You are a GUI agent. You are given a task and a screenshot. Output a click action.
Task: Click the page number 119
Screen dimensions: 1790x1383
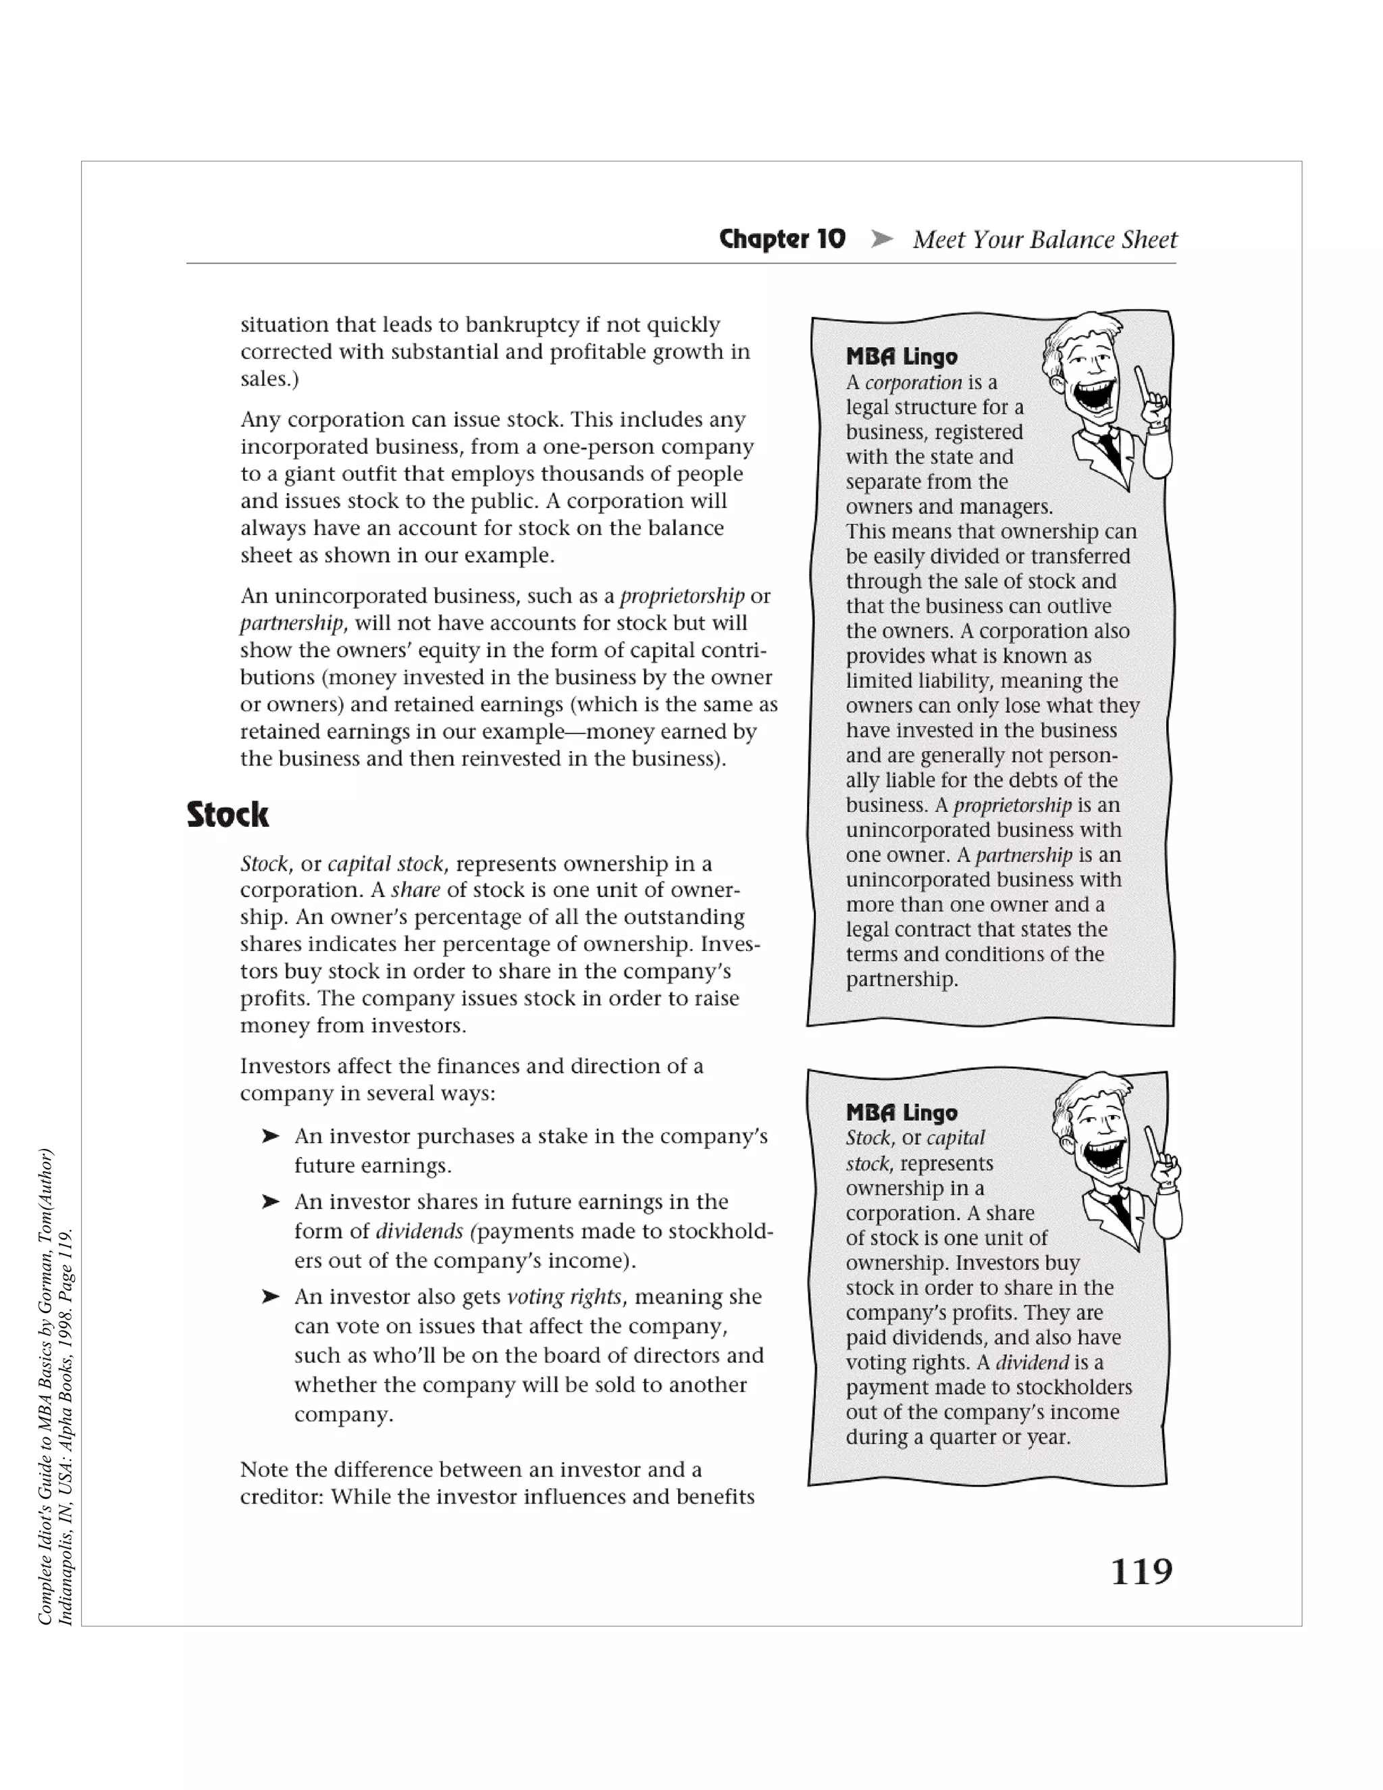[x=1141, y=1571]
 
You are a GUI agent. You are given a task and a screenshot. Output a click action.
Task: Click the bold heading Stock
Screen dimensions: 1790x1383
[x=227, y=815]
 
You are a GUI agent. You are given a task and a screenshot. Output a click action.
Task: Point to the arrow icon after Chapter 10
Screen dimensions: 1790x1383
[x=881, y=239]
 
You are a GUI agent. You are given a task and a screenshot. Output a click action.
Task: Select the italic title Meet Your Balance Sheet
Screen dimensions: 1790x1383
[x=1045, y=239]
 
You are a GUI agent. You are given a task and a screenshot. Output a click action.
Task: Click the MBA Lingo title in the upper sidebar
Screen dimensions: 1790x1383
[x=902, y=357]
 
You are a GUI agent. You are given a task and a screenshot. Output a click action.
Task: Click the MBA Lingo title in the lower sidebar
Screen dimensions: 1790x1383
[x=902, y=1113]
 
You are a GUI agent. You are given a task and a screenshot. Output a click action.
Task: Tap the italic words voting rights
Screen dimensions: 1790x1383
[x=565, y=1297]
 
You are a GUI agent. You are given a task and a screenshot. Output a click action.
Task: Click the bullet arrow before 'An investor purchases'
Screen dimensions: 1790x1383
[x=270, y=1136]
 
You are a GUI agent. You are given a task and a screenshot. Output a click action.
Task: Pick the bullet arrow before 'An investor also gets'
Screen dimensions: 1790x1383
[x=270, y=1297]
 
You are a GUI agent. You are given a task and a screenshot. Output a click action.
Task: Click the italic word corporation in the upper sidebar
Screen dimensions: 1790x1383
[x=913, y=383]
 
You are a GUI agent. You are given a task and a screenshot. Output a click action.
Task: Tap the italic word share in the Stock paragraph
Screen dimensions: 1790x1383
[x=415, y=890]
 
